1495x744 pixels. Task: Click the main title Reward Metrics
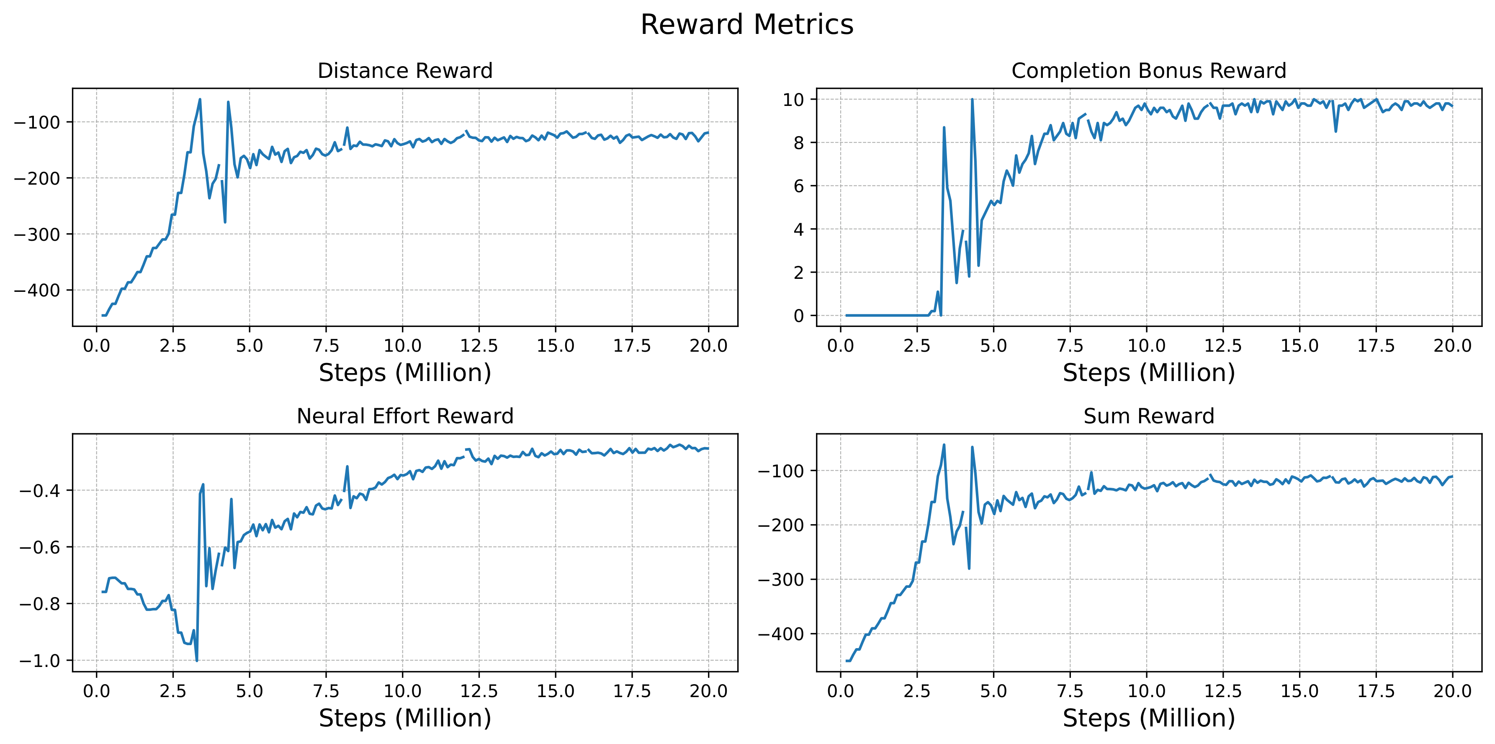(x=747, y=25)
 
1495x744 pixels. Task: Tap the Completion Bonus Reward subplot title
(x=1148, y=71)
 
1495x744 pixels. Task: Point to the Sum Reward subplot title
(x=1148, y=416)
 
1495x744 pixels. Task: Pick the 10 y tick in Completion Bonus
(x=793, y=100)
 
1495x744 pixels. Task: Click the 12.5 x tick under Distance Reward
(x=479, y=347)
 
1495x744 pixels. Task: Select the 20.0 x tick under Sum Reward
(x=1452, y=692)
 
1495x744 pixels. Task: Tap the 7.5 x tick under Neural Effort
(x=326, y=692)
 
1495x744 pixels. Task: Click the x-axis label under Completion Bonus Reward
(x=1148, y=373)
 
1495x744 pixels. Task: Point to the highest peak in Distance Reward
(x=200, y=99)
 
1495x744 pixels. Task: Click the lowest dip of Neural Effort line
(x=197, y=660)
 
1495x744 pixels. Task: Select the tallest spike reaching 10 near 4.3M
(x=972, y=99)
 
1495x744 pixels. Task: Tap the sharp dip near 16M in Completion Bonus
(x=1335, y=131)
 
